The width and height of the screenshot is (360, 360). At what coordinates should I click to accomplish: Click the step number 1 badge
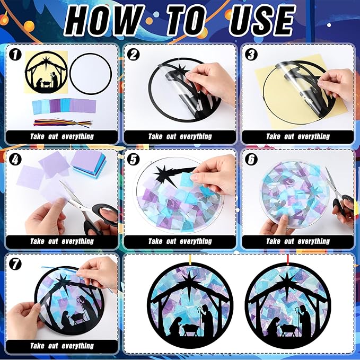click(15, 55)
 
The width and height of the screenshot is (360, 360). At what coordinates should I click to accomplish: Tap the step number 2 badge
click(133, 55)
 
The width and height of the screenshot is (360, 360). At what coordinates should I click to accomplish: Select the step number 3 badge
click(251, 55)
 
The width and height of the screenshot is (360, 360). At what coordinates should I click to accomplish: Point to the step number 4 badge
click(15, 160)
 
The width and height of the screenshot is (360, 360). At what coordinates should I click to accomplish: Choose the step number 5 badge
click(133, 160)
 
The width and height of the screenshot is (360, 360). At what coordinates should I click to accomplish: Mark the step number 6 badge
click(251, 160)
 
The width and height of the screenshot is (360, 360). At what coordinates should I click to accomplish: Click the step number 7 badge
click(15, 264)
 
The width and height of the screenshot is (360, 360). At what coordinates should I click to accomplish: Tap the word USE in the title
click(262, 21)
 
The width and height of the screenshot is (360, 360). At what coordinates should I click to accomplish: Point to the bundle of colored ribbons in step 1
click(63, 123)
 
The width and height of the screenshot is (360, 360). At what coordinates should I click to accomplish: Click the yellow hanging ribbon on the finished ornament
click(190, 259)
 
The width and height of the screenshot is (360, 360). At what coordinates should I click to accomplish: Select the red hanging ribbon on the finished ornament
click(287, 259)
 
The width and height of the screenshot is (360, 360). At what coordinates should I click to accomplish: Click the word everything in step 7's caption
click(78, 346)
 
